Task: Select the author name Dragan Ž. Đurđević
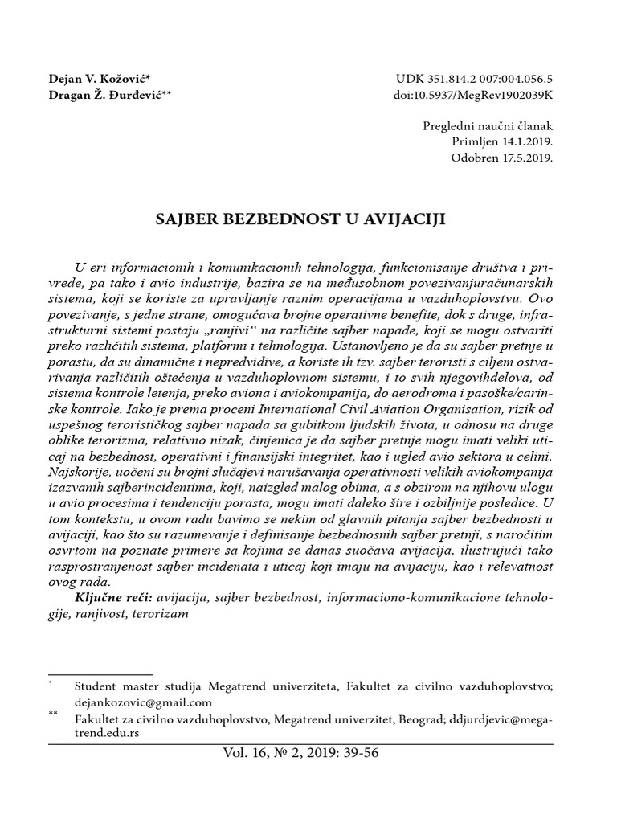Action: pos(108,96)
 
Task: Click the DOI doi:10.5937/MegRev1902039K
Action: pos(475,96)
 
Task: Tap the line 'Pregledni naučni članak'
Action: pos(488,126)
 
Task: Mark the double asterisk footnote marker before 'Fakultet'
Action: pos(54,714)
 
